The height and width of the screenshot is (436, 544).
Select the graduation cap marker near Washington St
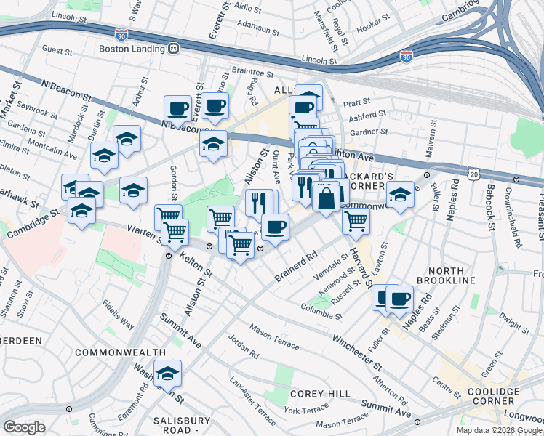[168, 375]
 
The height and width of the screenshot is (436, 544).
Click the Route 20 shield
[474, 175]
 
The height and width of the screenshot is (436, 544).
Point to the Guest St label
[57, 50]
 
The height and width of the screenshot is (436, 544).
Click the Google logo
[23, 427]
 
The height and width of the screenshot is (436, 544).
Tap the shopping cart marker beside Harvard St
[356, 220]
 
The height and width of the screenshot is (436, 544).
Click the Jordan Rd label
[243, 347]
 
